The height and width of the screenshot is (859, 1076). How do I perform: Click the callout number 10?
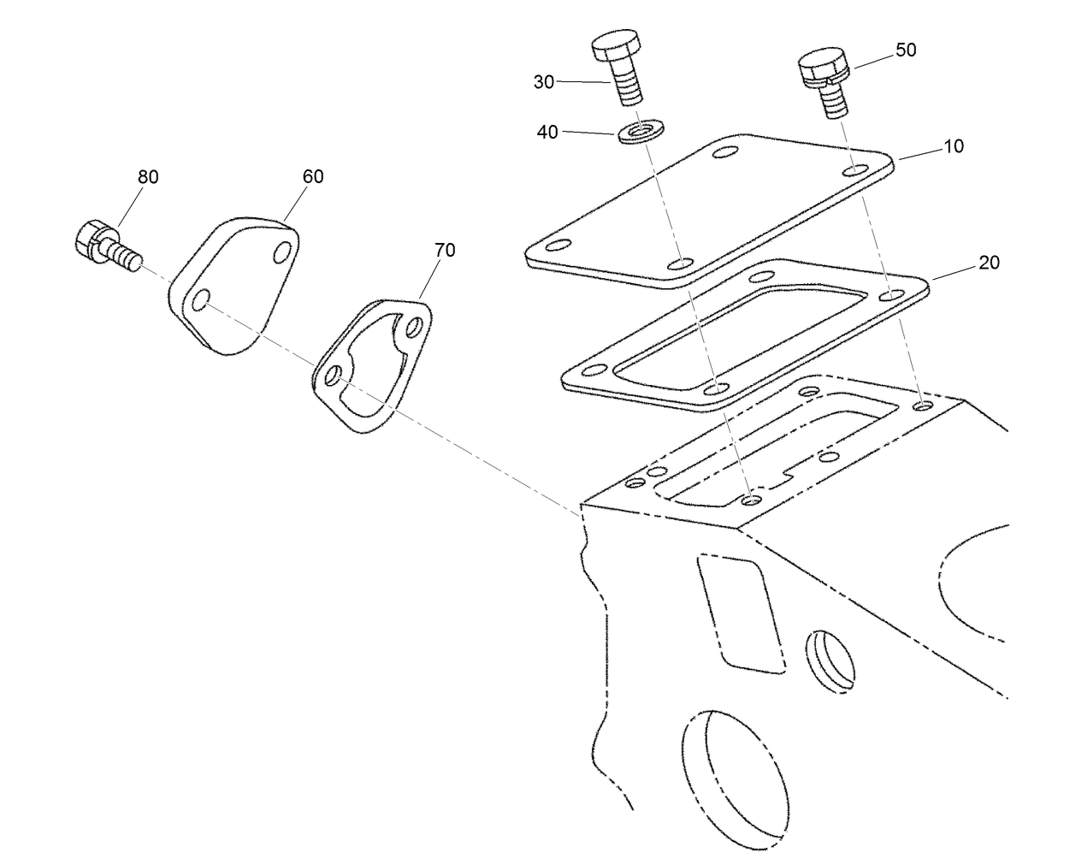[953, 146]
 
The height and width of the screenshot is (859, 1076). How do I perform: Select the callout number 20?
[988, 263]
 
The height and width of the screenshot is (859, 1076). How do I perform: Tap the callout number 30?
[544, 82]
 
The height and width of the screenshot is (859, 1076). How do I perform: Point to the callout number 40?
[547, 132]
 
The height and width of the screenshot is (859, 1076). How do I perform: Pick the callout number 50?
[905, 50]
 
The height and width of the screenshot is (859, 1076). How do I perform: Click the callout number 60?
[313, 176]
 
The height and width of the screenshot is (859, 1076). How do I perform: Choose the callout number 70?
[445, 250]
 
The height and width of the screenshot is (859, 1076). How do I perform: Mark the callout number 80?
[148, 177]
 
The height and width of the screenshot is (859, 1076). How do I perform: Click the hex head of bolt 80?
[91, 237]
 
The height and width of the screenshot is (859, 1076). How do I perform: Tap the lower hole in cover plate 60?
[202, 300]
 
